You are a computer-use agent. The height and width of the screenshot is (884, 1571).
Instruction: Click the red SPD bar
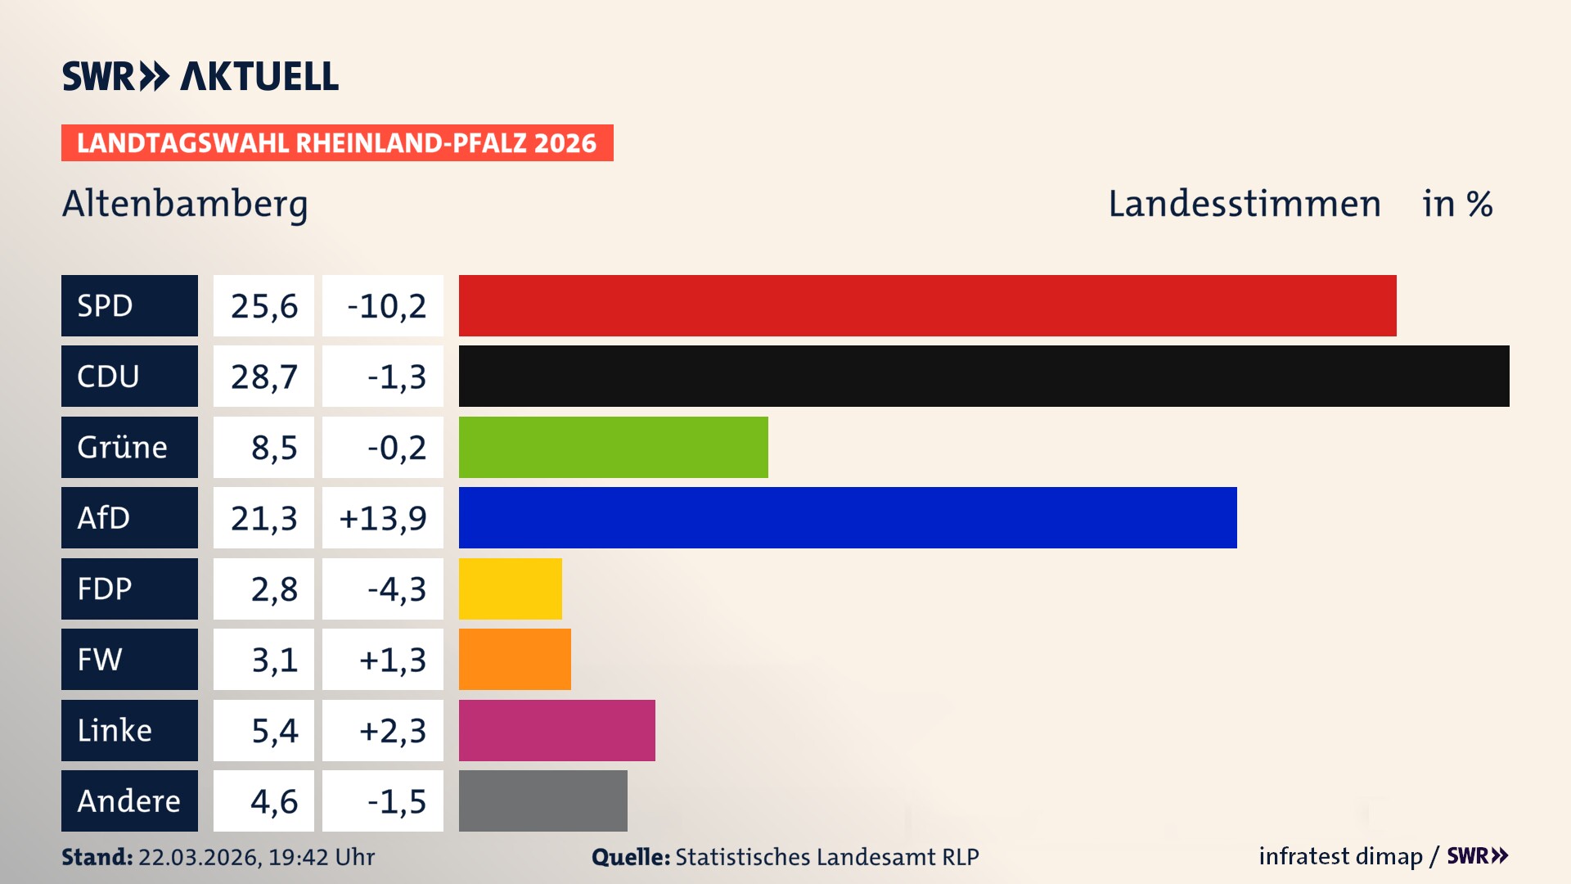pos(927,305)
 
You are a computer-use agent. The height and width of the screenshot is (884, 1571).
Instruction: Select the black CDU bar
pos(984,377)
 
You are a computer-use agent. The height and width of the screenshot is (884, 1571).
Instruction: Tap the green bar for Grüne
pos(613,447)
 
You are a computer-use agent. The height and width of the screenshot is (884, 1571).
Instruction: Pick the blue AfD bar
pos(848,517)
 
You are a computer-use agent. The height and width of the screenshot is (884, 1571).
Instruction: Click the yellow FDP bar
pos(510,589)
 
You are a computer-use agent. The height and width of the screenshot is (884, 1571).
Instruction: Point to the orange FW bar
pos(515,659)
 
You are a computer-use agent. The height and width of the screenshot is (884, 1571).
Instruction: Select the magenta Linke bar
pos(556,730)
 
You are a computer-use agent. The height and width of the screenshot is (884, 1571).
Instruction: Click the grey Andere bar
pos(542,801)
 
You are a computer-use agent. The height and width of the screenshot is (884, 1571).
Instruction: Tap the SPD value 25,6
pos(263,306)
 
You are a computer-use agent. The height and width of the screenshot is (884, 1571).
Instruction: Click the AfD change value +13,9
pos(383,518)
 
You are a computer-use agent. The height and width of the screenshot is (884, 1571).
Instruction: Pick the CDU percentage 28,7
pos(263,377)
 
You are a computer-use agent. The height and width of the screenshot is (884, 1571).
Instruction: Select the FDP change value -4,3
pos(396,589)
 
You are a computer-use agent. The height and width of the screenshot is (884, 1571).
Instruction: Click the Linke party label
pos(115,730)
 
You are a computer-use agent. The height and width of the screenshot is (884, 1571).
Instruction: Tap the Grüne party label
pos(122,447)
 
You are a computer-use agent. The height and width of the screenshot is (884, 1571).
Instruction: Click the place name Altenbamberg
pos(185,204)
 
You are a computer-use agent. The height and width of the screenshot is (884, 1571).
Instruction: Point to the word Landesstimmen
pos(1244,204)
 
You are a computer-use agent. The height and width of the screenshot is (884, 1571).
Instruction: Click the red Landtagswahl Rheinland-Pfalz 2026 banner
pos(336,143)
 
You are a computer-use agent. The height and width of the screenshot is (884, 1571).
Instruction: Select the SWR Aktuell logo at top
pos(200,76)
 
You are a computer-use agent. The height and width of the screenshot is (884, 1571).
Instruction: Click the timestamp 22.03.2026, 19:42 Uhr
pos(255,857)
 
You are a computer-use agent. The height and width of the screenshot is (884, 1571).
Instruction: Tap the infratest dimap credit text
pos(1339,856)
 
